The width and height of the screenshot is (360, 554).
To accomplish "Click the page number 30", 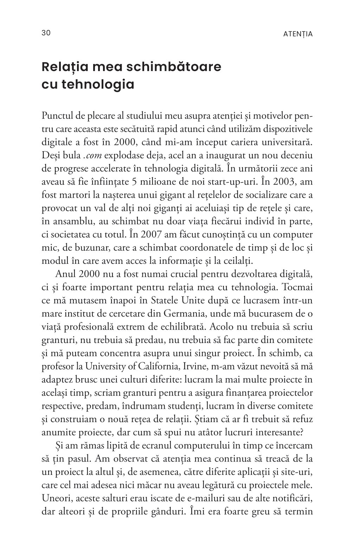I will pyautogui.click(x=46, y=33).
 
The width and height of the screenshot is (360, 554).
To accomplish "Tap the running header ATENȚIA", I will pyautogui.click(x=298, y=34).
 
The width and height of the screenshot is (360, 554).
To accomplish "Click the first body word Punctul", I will pyautogui.click(x=56, y=115).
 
